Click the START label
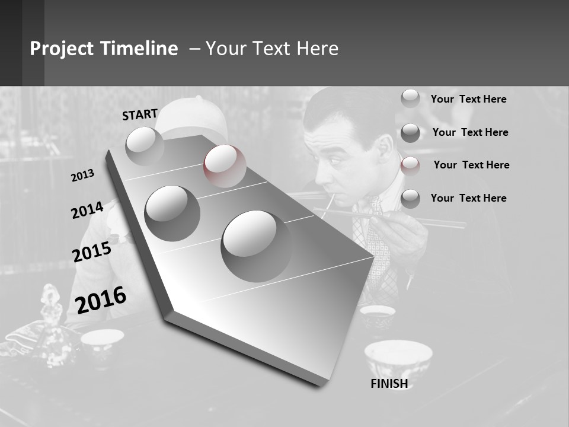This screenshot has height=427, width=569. point(140,114)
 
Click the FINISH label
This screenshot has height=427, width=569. point(389,384)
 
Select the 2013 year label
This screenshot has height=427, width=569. point(82,176)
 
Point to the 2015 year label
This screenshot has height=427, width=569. point(92,251)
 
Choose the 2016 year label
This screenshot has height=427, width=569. point(101,300)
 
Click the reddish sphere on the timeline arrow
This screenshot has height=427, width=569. point(225,165)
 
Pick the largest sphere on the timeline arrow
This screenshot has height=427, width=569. point(256,246)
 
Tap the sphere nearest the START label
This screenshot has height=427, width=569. point(145,146)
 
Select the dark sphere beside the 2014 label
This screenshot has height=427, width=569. point(172,213)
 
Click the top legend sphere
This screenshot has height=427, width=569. point(410,98)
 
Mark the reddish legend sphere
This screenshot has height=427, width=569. point(410,165)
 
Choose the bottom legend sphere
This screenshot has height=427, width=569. point(410,199)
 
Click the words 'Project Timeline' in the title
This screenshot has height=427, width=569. point(104,49)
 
